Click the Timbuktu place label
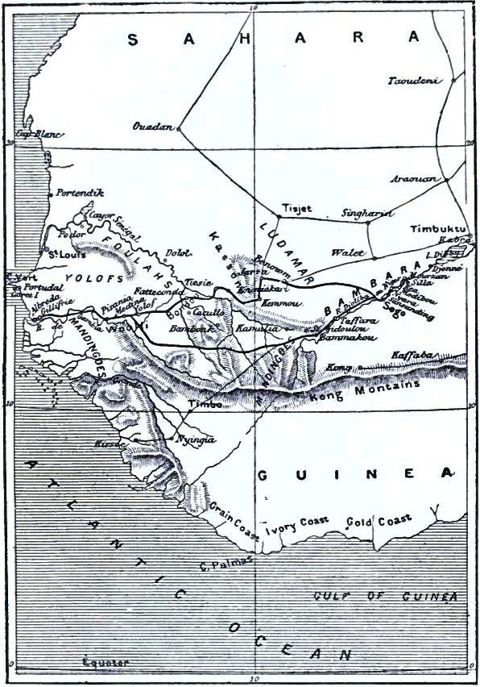pyautogui.click(x=438, y=228)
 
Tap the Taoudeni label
pyautogui.click(x=416, y=81)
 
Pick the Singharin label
pyautogui.click(x=367, y=213)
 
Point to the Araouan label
pyautogui.click(x=417, y=179)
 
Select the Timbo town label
pyautogui.click(x=204, y=405)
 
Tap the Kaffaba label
pyautogui.click(x=412, y=355)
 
